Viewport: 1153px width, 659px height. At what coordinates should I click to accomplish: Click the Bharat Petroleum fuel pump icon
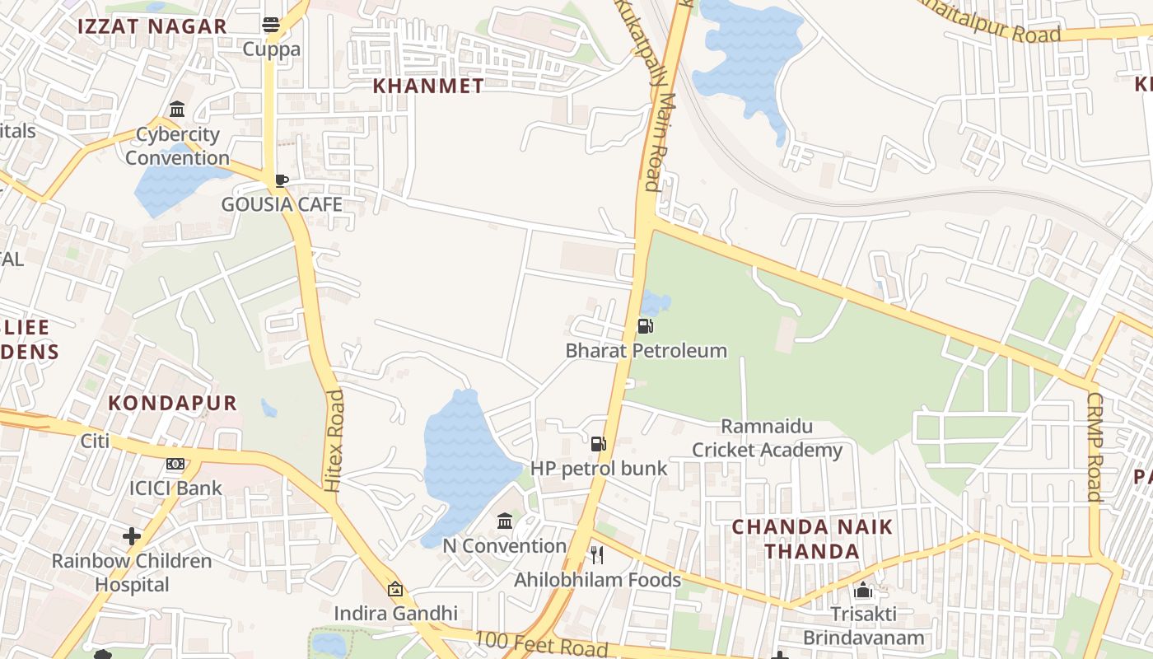point(646,326)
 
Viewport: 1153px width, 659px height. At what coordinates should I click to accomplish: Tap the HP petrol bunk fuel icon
point(599,444)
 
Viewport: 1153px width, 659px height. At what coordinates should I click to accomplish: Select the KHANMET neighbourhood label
point(428,86)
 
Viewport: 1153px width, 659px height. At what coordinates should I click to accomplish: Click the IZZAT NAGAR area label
point(152,26)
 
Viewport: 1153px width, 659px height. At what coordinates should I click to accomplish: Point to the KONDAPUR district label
point(173,403)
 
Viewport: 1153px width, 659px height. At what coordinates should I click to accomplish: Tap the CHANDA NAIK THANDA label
point(812,539)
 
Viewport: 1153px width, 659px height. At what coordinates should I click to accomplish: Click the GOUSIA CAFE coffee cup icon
point(281,180)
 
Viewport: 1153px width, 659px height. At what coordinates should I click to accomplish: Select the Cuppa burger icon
point(271,25)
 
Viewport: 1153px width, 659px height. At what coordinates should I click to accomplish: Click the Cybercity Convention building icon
point(177,110)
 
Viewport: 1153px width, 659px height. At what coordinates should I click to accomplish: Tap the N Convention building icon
point(505,521)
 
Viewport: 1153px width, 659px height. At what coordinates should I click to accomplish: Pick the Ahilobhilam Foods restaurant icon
point(597,555)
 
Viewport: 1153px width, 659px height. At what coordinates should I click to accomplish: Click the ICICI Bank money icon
point(175,464)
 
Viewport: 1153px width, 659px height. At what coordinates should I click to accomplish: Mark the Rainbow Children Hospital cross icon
point(132,537)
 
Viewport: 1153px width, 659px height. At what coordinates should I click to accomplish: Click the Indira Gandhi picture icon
point(395,589)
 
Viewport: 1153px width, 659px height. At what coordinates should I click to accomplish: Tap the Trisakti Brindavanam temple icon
point(863,590)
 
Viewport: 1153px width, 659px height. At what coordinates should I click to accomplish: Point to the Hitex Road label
point(334,442)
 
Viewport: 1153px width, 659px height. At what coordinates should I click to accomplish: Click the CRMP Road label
point(1094,446)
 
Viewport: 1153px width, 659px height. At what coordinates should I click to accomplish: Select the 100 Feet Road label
point(540,643)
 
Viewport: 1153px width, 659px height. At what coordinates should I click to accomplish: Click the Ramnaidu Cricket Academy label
point(767,438)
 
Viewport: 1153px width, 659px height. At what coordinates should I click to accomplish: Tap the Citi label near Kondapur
point(95,441)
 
